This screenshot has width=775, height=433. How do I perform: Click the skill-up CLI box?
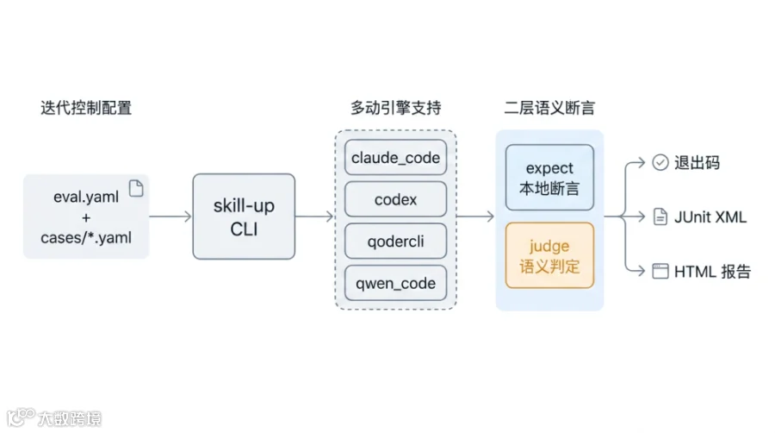click(x=244, y=216)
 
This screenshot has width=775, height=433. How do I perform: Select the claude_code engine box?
click(x=395, y=157)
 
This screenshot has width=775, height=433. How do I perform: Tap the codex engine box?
click(x=395, y=199)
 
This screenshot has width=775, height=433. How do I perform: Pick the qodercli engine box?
click(x=395, y=241)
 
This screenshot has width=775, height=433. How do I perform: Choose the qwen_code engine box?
click(x=395, y=283)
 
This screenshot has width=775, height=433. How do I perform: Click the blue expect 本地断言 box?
click(x=549, y=177)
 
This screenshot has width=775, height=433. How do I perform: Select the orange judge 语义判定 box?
click(x=549, y=255)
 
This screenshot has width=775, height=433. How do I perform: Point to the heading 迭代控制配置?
click(x=86, y=107)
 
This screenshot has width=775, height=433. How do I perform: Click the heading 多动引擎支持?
click(x=395, y=107)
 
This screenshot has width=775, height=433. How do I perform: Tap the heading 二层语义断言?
click(x=549, y=107)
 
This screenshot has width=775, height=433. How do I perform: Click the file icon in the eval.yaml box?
click(x=136, y=188)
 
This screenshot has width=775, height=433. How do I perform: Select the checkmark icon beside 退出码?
click(x=660, y=162)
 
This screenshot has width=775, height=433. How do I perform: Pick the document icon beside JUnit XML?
click(x=660, y=216)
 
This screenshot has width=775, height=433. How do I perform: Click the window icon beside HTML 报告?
click(x=660, y=271)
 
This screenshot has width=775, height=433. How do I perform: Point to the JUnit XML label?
click(x=710, y=216)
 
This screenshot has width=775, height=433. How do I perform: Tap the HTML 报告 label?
click(x=712, y=271)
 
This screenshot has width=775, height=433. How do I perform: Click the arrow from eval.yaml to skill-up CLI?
click(x=170, y=216)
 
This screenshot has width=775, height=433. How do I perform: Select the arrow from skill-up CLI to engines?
click(x=315, y=216)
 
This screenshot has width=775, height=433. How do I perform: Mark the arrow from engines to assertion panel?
click(x=475, y=216)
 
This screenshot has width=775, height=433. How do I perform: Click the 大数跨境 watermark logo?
click(x=54, y=417)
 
